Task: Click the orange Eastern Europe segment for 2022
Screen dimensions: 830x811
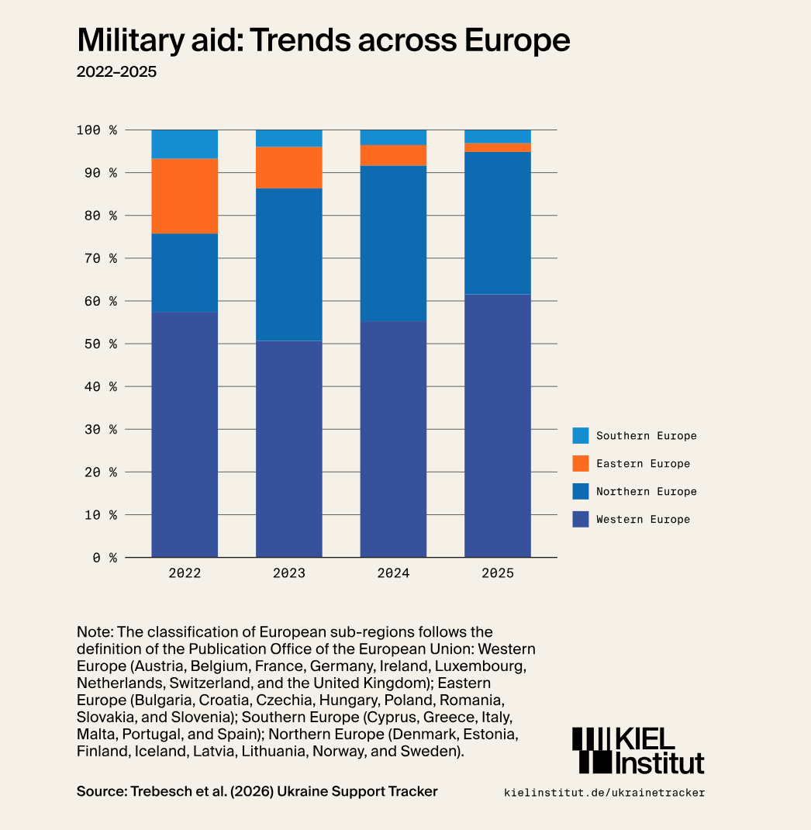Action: tap(185, 196)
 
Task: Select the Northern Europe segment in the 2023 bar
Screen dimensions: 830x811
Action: tap(289, 265)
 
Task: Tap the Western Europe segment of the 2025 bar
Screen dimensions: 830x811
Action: tap(498, 425)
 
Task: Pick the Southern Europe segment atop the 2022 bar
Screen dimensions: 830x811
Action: tap(185, 144)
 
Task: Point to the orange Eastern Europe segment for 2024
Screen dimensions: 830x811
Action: tap(393, 155)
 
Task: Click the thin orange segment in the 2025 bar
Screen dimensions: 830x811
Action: tap(498, 147)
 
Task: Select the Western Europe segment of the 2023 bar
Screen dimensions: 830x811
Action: tap(289, 448)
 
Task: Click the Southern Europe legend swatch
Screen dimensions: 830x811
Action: tap(581, 436)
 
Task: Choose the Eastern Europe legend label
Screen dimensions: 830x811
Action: tap(643, 464)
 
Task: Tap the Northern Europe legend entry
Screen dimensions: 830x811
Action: tap(646, 492)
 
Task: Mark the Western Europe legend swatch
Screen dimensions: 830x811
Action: tap(581, 520)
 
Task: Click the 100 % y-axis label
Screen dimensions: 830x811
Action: tap(97, 130)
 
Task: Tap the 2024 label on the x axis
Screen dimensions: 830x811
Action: tap(393, 574)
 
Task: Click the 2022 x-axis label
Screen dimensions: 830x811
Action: tap(185, 574)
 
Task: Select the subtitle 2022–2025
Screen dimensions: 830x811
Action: tap(116, 73)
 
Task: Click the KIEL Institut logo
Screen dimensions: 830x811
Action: tap(637, 750)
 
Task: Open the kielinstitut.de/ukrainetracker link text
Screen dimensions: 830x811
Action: tap(605, 793)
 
